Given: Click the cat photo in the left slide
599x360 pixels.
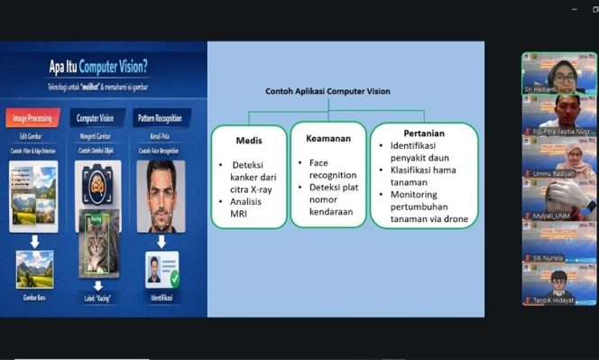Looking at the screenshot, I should click(99, 245).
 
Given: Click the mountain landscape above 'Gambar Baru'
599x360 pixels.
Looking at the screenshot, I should click(35, 267).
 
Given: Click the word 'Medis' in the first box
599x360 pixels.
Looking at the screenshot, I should click(249, 141).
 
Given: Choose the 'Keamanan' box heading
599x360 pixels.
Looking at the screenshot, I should click(328, 141).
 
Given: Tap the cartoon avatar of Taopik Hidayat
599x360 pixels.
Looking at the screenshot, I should click(559, 281).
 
